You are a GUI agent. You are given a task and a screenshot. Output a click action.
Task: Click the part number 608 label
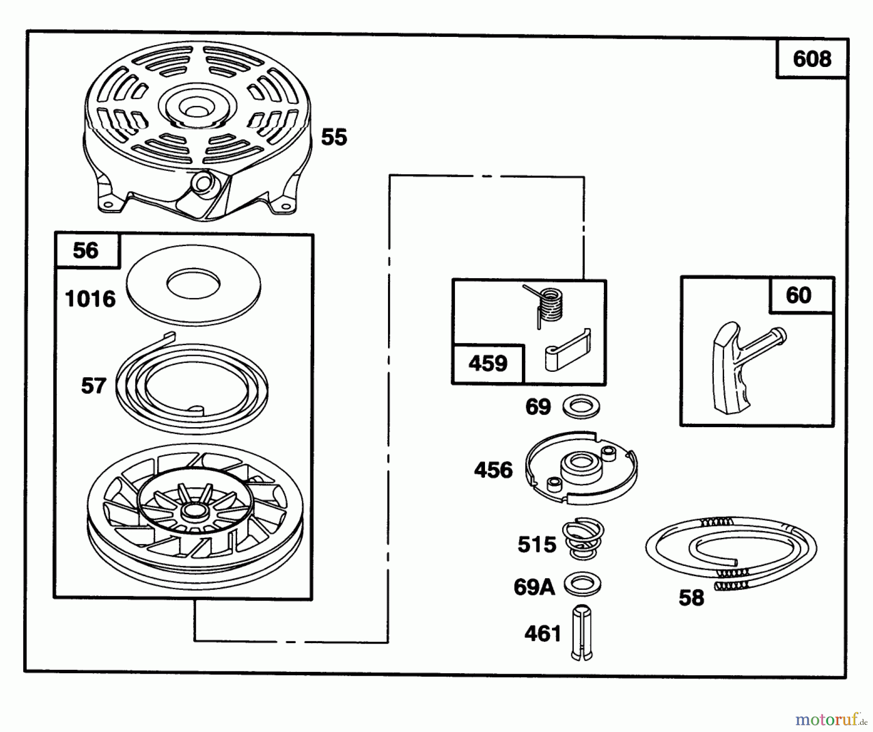[x=811, y=59]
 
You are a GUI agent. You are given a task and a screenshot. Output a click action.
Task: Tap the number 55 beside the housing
[x=334, y=137]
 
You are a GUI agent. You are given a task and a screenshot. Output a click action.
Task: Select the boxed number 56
[x=85, y=250]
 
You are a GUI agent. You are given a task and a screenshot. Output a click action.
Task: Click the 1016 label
[x=90, y=299]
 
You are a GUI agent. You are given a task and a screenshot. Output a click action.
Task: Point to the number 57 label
[x=93, y=386]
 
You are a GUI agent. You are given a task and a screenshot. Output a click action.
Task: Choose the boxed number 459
[x=487, y=364]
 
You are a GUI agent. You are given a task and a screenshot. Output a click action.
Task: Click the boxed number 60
[x=798, y=295]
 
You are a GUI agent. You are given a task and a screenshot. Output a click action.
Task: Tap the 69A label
[x=534, y=587]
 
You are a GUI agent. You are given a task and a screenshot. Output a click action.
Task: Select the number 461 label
[x=543, y=633]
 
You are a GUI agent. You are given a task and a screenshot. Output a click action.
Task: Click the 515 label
[x=536, y=545]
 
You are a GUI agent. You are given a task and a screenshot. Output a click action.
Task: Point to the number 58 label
[x=691, y=598]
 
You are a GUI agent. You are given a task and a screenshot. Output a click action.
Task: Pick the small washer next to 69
[x=582, y=407]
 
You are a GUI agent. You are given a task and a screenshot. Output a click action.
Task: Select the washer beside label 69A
[x=582, y=584]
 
